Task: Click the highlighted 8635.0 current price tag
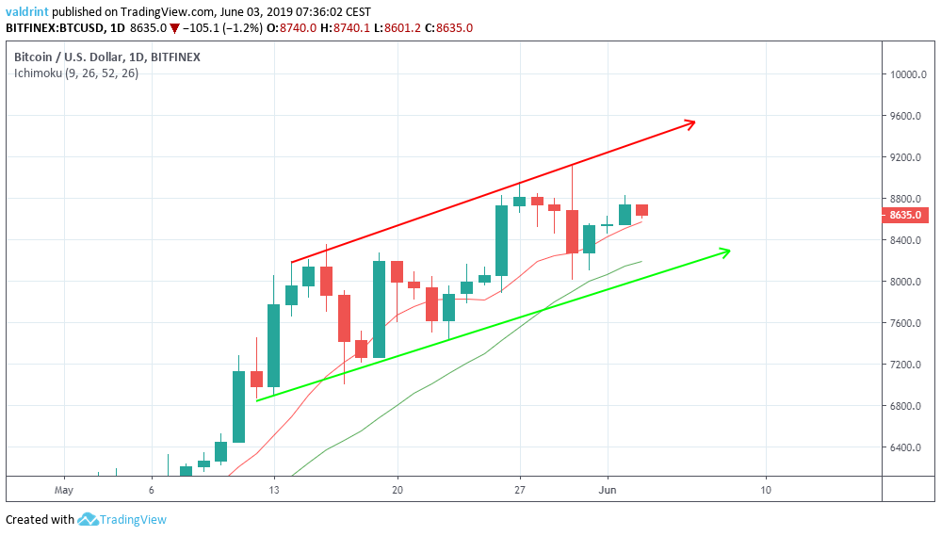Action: pos(908,216)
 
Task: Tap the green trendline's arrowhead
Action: pos(725,251)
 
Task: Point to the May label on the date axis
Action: pos(64,491)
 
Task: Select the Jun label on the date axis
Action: pos(608,491)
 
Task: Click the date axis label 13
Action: pos(274,491)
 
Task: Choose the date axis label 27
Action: pos(520,491)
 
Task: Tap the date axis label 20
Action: pos(397,491)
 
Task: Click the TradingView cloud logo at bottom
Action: pos(89,519)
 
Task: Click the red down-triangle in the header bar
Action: pos(175,28)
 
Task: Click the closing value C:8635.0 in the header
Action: pos(448,28)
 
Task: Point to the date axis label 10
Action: pos(766,491)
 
